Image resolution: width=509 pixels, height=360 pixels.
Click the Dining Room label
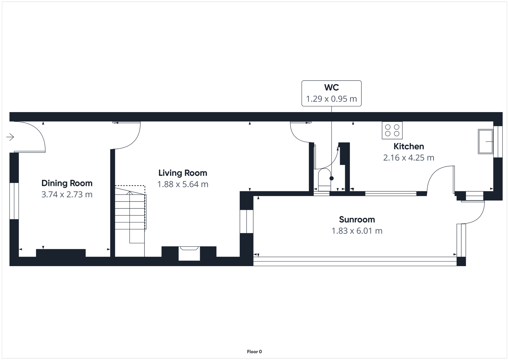click(x=67, y=183)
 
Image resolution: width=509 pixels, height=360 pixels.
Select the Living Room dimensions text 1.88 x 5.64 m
click(x=183, y=184)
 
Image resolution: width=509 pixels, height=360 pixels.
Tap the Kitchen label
click(x=409, y=146)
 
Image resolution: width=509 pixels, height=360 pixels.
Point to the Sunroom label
click(x=357, y=220)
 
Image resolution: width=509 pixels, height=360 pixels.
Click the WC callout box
click(x=331, y=93)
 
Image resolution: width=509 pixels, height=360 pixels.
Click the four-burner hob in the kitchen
click(x=392, y=130)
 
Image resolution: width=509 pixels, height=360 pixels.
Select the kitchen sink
click(x=485, y=141)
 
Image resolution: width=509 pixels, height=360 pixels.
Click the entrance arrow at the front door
click(x=10, y=137)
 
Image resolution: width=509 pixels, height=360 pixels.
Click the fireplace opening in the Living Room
click(x=189, y=253)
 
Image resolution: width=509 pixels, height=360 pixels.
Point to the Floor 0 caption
click(x=254, y=352)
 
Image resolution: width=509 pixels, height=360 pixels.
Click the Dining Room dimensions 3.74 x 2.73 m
click(x=67, y=194)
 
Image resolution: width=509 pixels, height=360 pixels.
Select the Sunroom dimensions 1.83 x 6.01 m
click(x=357, y=231)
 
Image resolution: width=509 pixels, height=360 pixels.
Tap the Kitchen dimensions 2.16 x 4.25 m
click(x=409, y=158)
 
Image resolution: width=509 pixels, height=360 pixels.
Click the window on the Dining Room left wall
click(x=14, y=201)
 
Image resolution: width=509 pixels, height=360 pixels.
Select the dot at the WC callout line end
click(x=331, y=178)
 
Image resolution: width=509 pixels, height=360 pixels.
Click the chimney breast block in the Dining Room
click(x=61, y=253)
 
